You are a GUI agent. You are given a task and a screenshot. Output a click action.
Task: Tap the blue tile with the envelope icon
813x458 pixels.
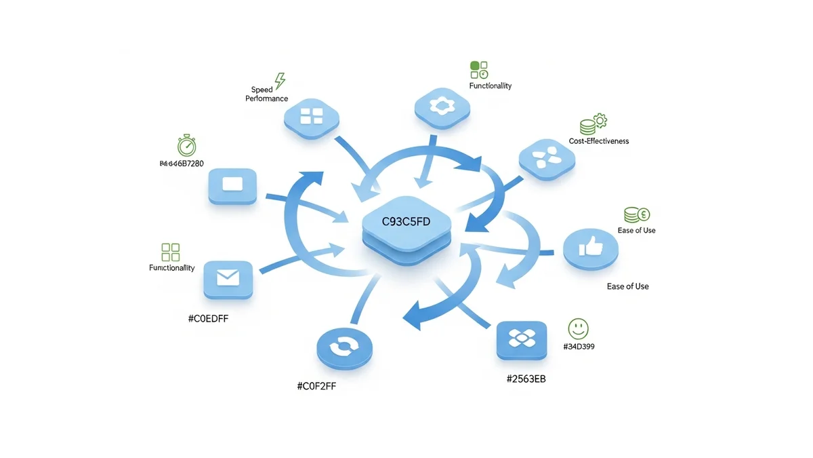coord(228,278)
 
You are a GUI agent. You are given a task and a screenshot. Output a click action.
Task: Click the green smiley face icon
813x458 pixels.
coord(578,329)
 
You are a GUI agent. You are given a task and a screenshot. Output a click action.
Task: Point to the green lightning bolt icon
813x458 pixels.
coord(279,81)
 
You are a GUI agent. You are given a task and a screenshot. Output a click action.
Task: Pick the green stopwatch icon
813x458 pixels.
coord(187,145)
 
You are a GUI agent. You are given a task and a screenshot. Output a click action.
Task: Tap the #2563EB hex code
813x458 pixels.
coord(526,379)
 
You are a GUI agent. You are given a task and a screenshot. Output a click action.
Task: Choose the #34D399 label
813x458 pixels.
coord(579,347)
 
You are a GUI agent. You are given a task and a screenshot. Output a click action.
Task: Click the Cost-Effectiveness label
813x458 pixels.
coord(599,141)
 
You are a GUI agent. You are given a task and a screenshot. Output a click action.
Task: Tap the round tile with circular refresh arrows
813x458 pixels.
coord(344,348)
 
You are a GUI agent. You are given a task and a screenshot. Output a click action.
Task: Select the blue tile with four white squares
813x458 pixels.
coord(312,117)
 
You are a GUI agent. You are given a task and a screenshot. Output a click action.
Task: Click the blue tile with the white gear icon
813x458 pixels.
coord(441,106)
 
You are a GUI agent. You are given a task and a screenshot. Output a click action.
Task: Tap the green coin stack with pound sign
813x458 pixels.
coord(636,214)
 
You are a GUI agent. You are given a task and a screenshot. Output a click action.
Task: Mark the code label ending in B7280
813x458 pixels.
coord(181,164)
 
